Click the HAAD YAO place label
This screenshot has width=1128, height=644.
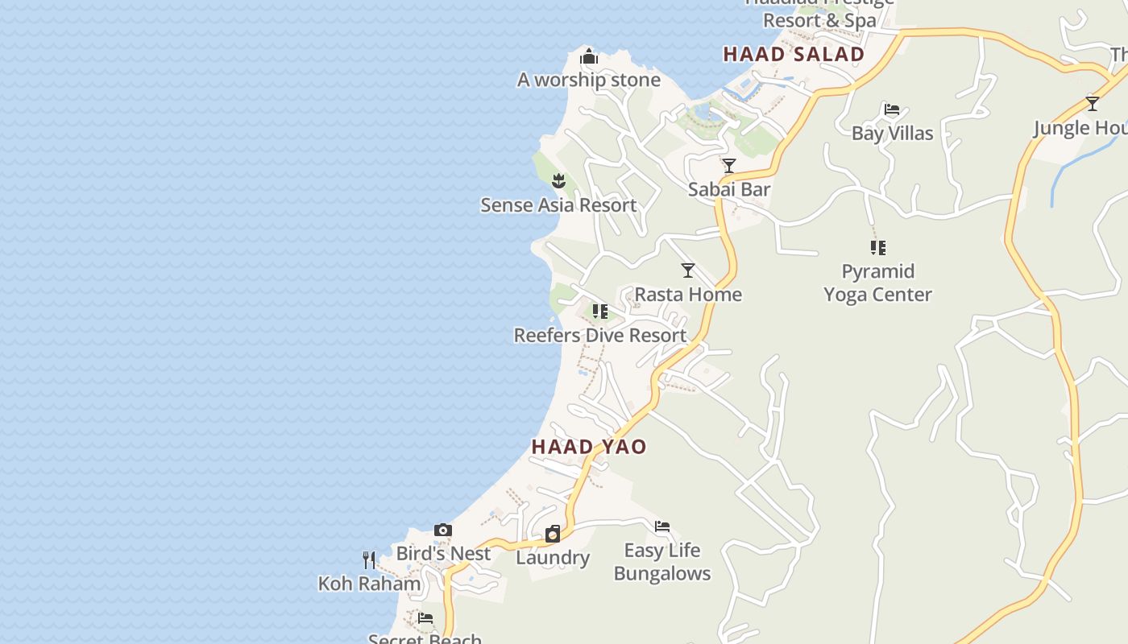tap(589, 447)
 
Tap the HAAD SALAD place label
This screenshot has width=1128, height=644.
tap(794, 55)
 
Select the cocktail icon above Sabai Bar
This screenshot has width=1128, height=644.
tap(729, 166)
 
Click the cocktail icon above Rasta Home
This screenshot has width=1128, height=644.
tap(688, 270)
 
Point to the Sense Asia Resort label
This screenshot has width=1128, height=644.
tap(558, 205)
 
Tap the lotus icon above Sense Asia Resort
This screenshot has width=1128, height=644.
tap(559, 180)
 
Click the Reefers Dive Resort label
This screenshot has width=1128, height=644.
tap(600, 336)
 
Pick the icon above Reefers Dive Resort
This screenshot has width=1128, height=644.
tap(600, 312)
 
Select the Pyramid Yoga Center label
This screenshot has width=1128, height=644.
tap(877, 283)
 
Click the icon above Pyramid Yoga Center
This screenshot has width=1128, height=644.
tap(878, 248)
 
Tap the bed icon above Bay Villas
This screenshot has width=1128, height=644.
tap(892, 109)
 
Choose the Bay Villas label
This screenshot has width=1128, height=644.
tap(892, 134)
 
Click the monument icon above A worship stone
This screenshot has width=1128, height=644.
tap(589, 56)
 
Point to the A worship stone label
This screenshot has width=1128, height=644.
tap(589, 80)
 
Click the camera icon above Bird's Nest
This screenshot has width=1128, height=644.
tap(443, 530)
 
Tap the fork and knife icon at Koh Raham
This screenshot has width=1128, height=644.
tap(369, 559)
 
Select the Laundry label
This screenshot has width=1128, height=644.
tap(553, 558)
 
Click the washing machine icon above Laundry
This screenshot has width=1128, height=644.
tap(553, 534)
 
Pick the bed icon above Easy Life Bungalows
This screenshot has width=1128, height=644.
tap(662, 526)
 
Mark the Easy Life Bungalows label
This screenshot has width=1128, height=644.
tap(662, 562)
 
